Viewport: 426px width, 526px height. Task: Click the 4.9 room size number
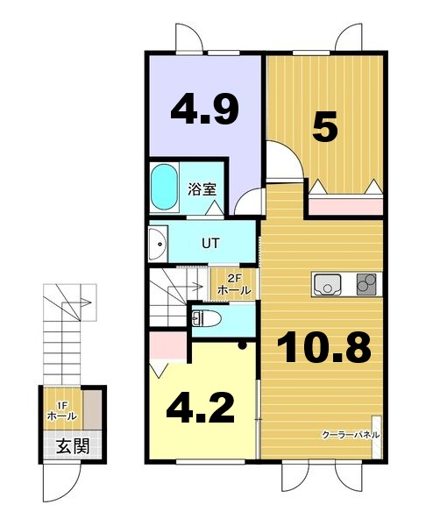coord(204,109)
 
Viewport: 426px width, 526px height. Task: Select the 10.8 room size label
coord(324,346)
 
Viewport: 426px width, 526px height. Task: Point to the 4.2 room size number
coord(200,408)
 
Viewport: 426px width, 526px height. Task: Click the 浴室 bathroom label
coord(202,189)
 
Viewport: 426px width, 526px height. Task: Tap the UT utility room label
coord(210,243)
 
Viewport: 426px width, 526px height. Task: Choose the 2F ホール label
coord(234,284)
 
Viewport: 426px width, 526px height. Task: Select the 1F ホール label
coord(62,411)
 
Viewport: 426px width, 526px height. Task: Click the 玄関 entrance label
coord(73,446)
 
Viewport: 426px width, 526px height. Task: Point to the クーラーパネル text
coord(351,435)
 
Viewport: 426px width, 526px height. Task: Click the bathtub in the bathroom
coord(164,188)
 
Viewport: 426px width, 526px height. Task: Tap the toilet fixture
coord(206,318)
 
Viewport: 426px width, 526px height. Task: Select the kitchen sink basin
coord(326,284)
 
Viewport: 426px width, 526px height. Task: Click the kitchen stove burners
coord(366,284)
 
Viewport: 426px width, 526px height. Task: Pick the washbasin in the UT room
coord(158,244)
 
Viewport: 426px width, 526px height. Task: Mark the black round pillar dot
coord(242,345)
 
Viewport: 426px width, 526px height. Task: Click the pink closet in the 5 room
coord(345,206)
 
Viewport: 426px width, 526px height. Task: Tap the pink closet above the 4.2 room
coord(168,345)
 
